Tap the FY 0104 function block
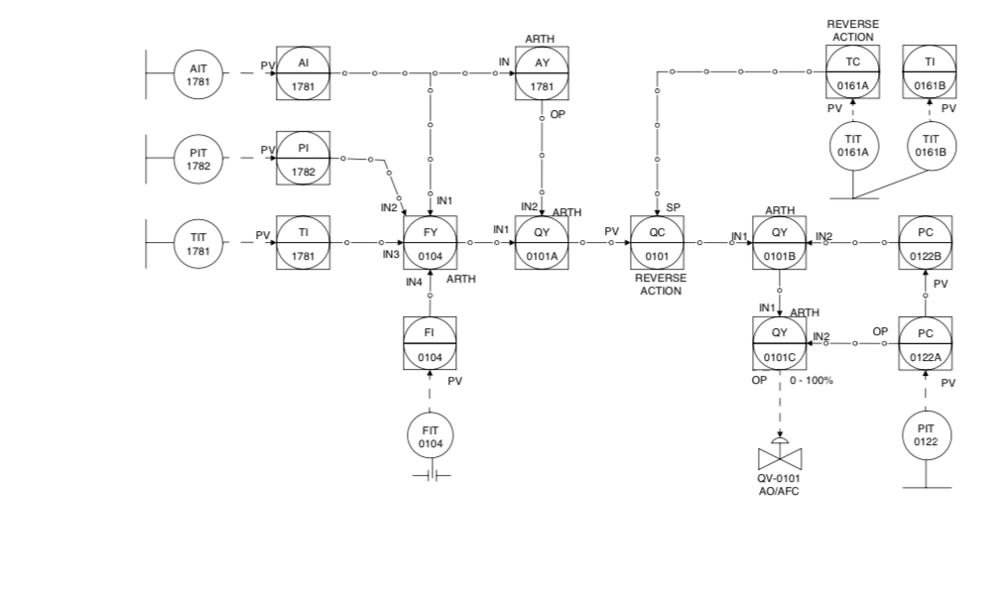click(x=430, y=242)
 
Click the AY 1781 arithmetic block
click(x=542, y=72)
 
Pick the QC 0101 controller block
click(x=657, y=242)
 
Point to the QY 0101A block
click(x=542, y=242)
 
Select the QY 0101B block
click(x=780, y=242)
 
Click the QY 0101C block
click(x=780, y=343)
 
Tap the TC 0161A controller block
click(x=852, y=72)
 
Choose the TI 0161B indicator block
click(x=930, y=72)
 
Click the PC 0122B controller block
click(x=926, y=242)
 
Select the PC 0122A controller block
click(x=926, y=343)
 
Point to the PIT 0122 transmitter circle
click(x=926, y=434)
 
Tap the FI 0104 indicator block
click(x=430, y=343)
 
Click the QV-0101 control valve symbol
click(x=780, y=458)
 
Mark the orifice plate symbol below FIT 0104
click(x=430, y=476)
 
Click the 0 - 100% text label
click(x=812, y=381)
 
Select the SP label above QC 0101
click(x=674, y=207)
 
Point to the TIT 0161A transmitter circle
click(x=852, y=146)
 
